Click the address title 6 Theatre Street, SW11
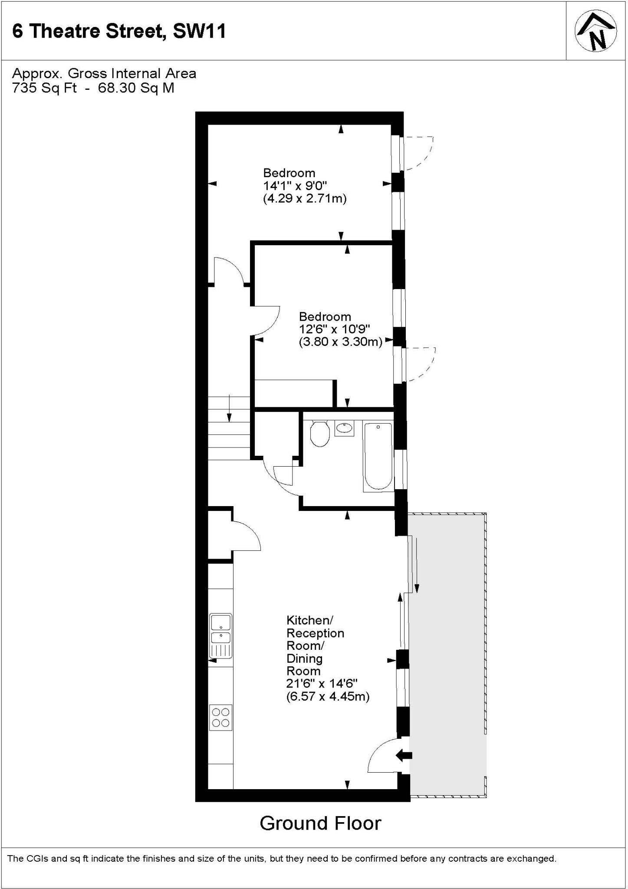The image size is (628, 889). pos(119,32)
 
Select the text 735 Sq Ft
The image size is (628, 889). pos(44,88)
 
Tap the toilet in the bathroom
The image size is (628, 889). pos(320,433)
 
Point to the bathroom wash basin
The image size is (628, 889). pos(344,428)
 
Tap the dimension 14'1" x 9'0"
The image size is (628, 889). pos(295,186)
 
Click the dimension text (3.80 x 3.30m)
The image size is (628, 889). pos(340,342)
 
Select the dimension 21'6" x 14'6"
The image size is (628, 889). pos(322,684)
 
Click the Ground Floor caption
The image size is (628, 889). pos(320,823)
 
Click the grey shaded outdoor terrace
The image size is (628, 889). pos(447,651)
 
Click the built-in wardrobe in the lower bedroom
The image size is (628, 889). pos(293,393)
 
